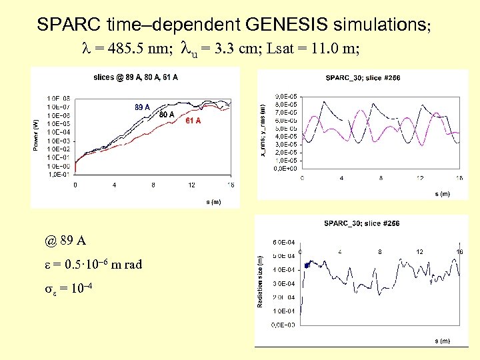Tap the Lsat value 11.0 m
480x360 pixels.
click(337, 49)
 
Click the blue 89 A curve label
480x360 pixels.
click(142, 107)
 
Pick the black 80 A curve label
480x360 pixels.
click(167, 115)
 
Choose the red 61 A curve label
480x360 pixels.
click(193, 121)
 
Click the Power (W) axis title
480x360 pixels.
click(36, 135)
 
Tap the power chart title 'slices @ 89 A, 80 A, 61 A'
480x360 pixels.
click(135, 78)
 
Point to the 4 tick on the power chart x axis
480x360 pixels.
click(114, 185)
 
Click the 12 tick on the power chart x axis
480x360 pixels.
click(192, 185)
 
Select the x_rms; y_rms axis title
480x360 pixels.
click(263, 133)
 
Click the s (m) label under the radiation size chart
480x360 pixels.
click(442, 341)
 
